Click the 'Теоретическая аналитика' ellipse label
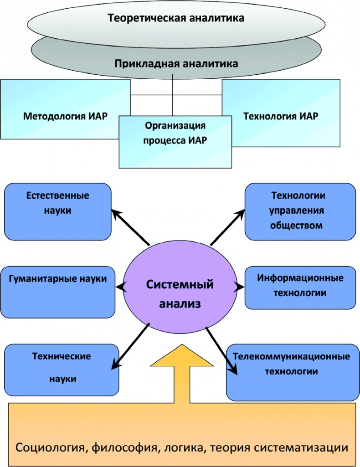click(176, 19)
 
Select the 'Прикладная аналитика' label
click(176, 64)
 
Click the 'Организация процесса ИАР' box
click(175, 133)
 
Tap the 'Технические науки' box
click(61, 366)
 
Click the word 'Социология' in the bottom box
click(50, 447)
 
